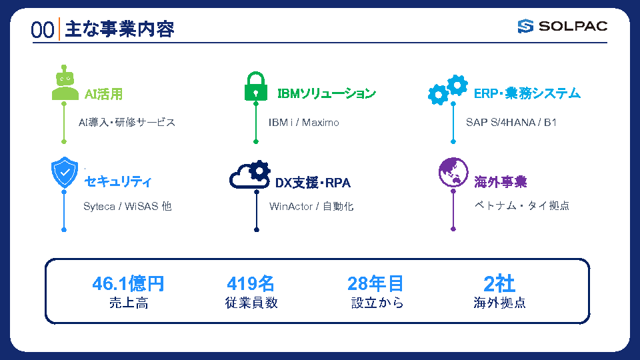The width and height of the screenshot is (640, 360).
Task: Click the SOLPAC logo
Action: [x=563, y=26]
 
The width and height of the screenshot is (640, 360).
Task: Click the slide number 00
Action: [x=43, y=30]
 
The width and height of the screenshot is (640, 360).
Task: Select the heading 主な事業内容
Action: [x=119, y=29]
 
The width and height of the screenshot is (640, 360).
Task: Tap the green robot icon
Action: [x=65, y=83]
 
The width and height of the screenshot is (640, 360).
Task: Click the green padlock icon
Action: [x=256, y=86]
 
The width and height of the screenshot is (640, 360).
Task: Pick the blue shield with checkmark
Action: [x=65, y=173]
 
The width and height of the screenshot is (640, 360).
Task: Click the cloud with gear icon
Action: [x=250, y=175]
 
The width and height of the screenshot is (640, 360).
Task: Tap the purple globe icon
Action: [x=453, y=172]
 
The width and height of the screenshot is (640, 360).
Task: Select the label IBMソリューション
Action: [x=327, y=93]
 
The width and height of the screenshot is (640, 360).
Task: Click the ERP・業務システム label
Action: [x=527, y=93]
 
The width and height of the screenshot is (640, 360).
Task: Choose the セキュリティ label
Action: [x=118, y=181]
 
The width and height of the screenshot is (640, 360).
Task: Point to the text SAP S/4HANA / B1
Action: [x=511, y=123]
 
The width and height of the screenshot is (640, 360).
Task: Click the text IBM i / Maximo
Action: [x=304, y=123]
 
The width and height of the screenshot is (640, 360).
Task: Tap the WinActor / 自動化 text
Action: [x=311, y=207]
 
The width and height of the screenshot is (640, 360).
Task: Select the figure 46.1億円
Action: [x=128, y=284]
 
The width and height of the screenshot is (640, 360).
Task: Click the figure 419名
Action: [x=251, y=284]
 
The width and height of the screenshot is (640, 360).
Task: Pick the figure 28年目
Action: [x=375, y=284]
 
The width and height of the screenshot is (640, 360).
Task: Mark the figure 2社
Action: [x=499, y=284]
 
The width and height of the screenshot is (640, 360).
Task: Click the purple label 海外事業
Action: [x=501, y=182]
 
